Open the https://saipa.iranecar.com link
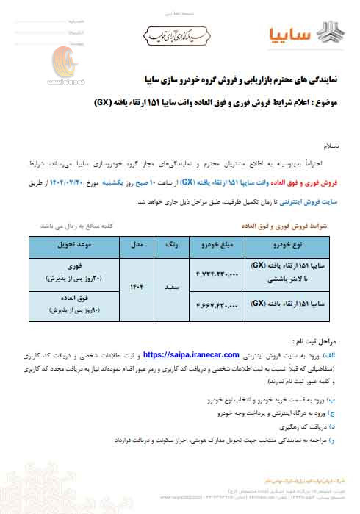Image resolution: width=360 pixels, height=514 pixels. tap(190, 354)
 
